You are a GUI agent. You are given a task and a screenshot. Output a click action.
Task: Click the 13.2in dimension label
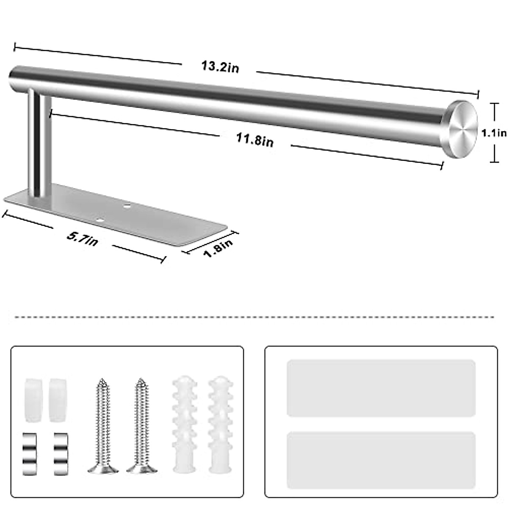(x=220, y=67)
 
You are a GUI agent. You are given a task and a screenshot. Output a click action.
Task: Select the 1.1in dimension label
(x=494, y=133)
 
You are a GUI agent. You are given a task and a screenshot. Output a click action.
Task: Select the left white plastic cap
(x=33, y=400)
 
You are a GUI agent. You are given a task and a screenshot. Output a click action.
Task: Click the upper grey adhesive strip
(x=381, y=388)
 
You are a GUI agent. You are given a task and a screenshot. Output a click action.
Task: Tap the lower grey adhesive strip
(x=381, y=460)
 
